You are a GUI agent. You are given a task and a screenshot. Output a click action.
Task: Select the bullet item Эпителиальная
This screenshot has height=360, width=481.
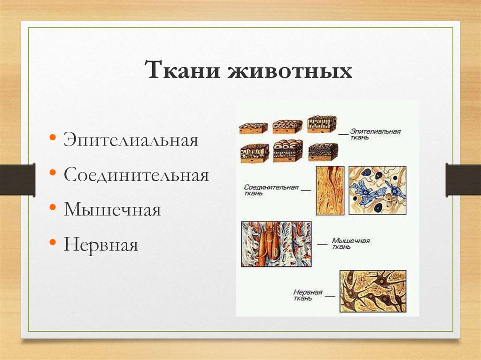tap(131, 140)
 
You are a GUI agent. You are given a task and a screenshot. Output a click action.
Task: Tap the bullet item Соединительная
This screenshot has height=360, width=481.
tap(136, 175)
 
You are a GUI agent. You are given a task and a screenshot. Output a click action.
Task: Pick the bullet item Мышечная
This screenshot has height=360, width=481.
tap(112, 210)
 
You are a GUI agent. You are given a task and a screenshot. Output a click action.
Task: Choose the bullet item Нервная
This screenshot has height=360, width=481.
tap(101, 245)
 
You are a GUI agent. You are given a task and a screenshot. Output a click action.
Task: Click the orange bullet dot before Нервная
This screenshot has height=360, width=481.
tap(53, 242)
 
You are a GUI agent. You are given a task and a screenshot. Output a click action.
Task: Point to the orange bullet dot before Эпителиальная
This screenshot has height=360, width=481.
tap(53, 137)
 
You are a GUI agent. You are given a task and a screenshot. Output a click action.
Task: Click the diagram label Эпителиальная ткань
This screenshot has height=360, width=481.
tap(375, 134)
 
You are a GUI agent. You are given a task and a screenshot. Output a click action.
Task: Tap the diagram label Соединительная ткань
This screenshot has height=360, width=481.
tap(271, 190)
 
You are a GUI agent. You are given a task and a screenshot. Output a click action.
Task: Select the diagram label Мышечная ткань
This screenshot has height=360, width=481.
tap(350, 244)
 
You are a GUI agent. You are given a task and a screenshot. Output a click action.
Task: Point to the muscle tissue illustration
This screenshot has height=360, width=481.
tap(276, 244)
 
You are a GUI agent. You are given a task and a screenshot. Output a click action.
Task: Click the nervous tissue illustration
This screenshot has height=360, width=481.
tap(372, 291)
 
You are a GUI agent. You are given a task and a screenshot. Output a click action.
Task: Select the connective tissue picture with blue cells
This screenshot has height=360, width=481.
tap(377, 190)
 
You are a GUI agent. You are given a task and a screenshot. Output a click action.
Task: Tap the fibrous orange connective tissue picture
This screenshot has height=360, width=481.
tap(330, 191)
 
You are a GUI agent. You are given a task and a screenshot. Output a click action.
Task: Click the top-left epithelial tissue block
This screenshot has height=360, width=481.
tap(253, 128)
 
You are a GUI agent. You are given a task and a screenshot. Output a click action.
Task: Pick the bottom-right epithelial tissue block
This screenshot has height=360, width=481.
tap(323, 152)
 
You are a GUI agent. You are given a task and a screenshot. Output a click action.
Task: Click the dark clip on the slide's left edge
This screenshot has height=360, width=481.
tap(18, 180)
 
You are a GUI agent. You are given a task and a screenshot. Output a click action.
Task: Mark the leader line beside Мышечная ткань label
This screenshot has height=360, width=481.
tap(322, 244)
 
